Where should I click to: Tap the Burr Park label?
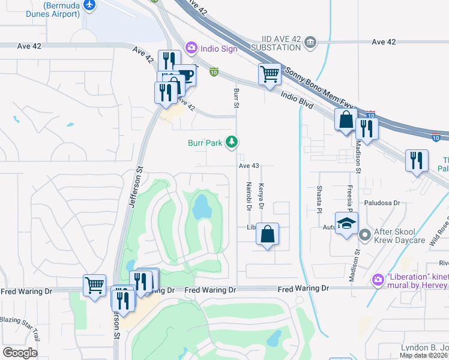[x=205, y=143]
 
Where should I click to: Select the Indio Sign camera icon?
[x=191, y=46]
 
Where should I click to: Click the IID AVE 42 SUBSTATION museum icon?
[x=310, y=41]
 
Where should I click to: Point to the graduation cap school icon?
[x=346, y=224]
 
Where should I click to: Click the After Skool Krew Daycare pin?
[x=364, y=236]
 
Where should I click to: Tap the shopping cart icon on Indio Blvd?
[x=270, y=75]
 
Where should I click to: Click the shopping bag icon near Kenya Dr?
[x=268, y=233]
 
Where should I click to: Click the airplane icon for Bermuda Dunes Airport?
[x=91, y=5]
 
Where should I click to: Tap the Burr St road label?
[x=236, y=97]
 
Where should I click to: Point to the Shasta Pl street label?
[x=319, y=199]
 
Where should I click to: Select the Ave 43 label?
[x=249, y=166]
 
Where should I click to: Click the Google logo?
[x=20, y=353]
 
